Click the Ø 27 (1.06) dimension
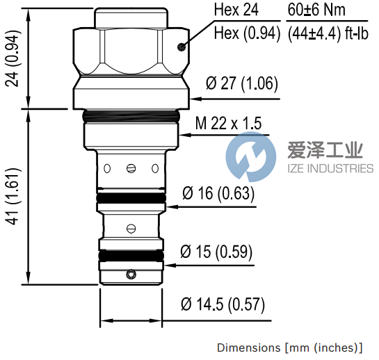click(242, 85)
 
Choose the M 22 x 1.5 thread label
click(228, 123)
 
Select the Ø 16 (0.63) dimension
click(218, 193)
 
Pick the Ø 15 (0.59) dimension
click(216, 251)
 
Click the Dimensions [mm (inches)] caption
click(289, 347)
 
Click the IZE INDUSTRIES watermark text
click(330, 168)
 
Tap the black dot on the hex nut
click(180, 47)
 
